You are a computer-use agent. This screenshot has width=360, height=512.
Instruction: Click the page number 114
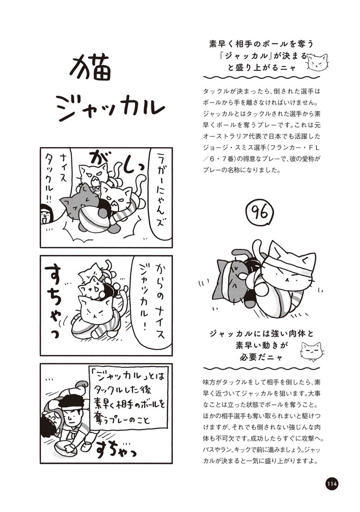pyautogui.click(x=331, y=484)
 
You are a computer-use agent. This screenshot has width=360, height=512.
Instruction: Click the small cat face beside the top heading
pyautogui.click(x=317, y=62)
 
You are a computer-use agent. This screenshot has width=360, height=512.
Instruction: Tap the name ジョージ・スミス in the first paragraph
pyautogui.click(x=228, y=147)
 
